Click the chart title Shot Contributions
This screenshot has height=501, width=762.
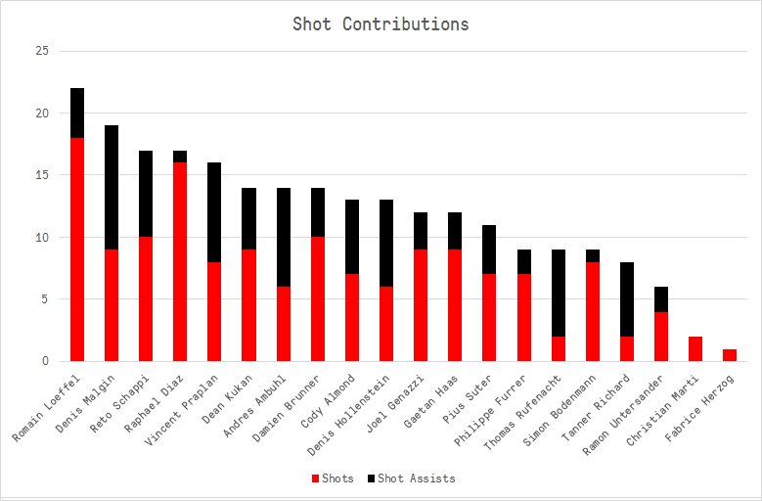pyautogui.click(x=381, y=23)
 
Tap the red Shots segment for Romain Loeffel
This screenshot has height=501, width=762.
pyautogui.click(x=77, y=250)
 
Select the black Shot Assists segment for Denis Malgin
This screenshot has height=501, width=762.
pyautogui.click(x=112, y=188)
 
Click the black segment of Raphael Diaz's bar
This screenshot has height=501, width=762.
pyautogui.click(x=180, y=157)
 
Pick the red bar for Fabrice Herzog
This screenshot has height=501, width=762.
pyautogui.click(x=730, y=355)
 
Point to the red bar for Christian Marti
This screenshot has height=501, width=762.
pyautogui.click(x=695, y=349)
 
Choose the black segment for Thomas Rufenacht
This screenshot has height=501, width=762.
pyautogui.click(x=559, y=293)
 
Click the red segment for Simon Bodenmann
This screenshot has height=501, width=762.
pyautogui.click(x=593, y=311)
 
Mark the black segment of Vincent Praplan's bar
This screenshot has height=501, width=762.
pyautogui.click(x=214, y=212)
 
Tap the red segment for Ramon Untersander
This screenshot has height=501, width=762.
pyautogui.click(x=661, y=337)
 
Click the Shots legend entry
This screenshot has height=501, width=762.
pyautogui.click(x=333, y=478)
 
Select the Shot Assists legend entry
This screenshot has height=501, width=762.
pyautogui.click(x=412, y=478)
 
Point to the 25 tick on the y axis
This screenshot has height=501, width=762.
pyautogui.click(x=42, y=51)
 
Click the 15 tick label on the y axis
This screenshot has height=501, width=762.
pyautogui.click(x=42, y=175)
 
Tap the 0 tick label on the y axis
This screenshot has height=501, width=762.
pyautogui.click(x=45, y=361)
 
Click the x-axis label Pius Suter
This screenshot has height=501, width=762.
pyautogui.click(x=467, y=399)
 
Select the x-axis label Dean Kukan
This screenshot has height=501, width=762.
pyautogui.click(x=228, y=399)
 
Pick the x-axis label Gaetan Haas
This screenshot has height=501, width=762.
pyautogui.click(x=430, y=401)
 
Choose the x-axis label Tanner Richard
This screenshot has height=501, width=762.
pyautogui.click(x=596, y=407)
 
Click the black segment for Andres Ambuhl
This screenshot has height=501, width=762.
pyautogui.click(x=284, y=237)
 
